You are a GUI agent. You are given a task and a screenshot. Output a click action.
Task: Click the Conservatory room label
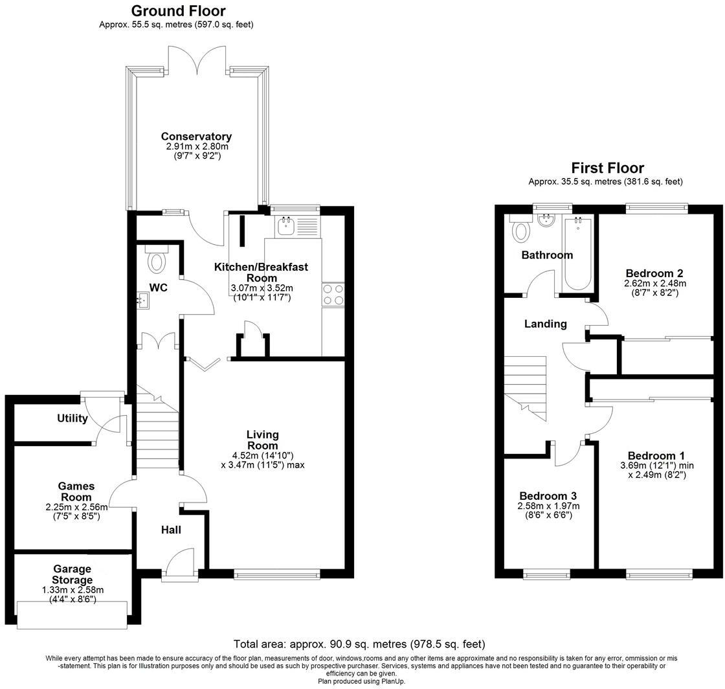(x=196, y=137)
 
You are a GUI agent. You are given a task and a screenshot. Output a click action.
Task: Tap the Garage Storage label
(x=72, y=575)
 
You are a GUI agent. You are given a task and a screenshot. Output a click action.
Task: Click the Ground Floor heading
(x=178, y=11)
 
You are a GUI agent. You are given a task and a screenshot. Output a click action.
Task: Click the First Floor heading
(x=607, y=168)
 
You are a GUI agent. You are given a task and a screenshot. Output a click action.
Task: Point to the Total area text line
(x=359, y=644)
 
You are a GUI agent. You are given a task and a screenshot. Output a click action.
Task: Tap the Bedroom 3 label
(x=548, y=496)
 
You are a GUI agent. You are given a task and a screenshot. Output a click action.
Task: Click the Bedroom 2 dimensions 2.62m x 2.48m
(x=654, y=284)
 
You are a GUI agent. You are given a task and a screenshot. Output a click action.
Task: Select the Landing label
(x=545, y=324)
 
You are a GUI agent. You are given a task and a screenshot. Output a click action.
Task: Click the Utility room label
(x=72, y=418)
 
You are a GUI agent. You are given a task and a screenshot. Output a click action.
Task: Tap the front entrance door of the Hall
(x=179, y=562)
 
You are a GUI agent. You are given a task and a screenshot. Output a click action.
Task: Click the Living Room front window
(x=276, y=573)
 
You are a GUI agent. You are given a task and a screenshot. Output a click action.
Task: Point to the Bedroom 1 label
(x=656, y=455)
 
